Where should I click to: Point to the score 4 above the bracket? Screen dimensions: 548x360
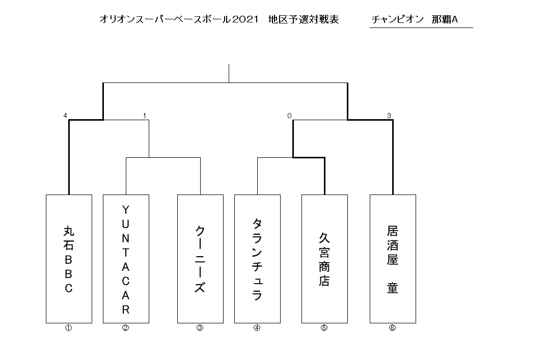point(65,116)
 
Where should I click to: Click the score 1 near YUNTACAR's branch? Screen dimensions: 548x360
point(145,116)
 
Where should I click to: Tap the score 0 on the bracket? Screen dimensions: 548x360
point(289,116)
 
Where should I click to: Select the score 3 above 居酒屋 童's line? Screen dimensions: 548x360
point(389,116)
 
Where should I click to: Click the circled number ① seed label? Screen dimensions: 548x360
point(68,328)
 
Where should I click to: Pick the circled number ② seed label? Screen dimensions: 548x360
point(125,328)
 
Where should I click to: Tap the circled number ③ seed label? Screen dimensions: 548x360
point(200,328)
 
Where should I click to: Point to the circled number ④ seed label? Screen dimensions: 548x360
point(257,328)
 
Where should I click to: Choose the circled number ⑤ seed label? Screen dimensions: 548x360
point(324,328)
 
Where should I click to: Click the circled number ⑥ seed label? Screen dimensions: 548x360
point(392,328)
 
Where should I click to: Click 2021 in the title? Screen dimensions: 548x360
point(245,19)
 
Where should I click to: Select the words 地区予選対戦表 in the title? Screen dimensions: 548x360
point(304,19)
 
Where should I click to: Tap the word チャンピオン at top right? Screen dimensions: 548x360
point(397,19)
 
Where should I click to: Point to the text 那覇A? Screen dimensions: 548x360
point(445,19)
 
